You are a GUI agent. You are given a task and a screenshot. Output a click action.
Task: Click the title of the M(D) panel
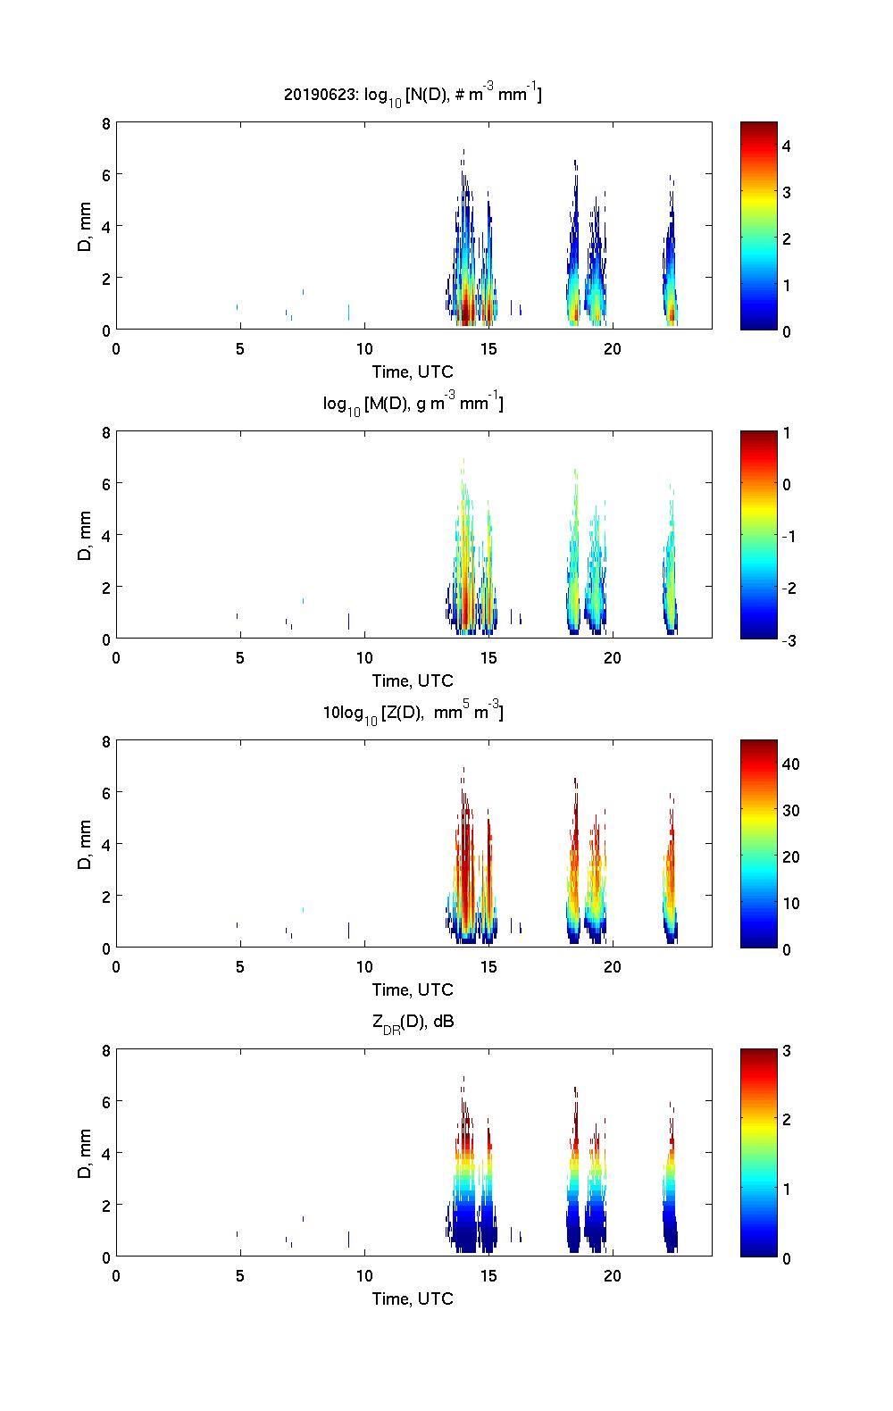tap(413, 405)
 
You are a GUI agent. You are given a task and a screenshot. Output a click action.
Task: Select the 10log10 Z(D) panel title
tap(413, 713)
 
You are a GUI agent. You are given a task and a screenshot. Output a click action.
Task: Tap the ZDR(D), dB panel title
tap(413, 1022)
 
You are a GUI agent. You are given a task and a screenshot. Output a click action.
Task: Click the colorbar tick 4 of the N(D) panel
tap(787, 146)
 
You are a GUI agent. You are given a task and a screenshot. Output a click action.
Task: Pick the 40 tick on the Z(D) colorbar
tap(790, 764)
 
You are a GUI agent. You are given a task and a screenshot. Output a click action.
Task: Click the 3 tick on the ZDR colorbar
tap(787, 1050)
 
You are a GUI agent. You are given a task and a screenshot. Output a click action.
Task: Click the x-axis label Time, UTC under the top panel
tap(413, 372)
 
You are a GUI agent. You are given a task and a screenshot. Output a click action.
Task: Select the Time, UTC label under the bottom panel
tap(413, 1298)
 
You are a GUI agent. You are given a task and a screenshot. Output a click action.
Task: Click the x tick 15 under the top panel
tap(488, 348)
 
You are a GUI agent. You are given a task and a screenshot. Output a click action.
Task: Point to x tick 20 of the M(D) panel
tap(612, 657)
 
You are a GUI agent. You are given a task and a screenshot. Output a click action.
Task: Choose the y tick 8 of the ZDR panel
tap(105, 1051)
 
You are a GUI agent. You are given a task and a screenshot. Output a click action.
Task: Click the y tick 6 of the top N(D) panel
tap(105, 175)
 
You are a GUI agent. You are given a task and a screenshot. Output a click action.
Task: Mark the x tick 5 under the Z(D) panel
tap(239, 966)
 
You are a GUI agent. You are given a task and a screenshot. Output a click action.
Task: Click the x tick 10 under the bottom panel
tap(363, 1275)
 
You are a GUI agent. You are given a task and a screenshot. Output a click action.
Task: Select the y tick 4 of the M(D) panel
tap(105, 536)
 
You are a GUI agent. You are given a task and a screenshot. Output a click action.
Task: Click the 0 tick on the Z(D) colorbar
tap(787, 948)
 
